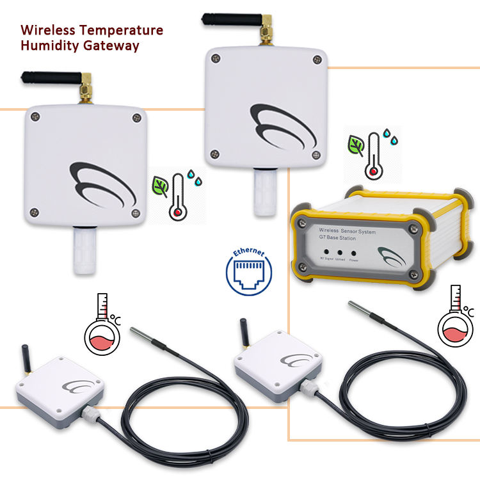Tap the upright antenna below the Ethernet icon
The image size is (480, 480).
244,333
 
